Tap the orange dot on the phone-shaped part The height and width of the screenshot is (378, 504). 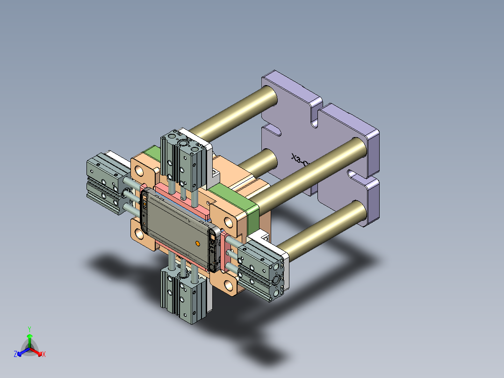click(x=197, y=243)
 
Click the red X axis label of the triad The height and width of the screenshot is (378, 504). click(x=44, y=355)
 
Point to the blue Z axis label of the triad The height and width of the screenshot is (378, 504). click(x=15, y=355)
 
